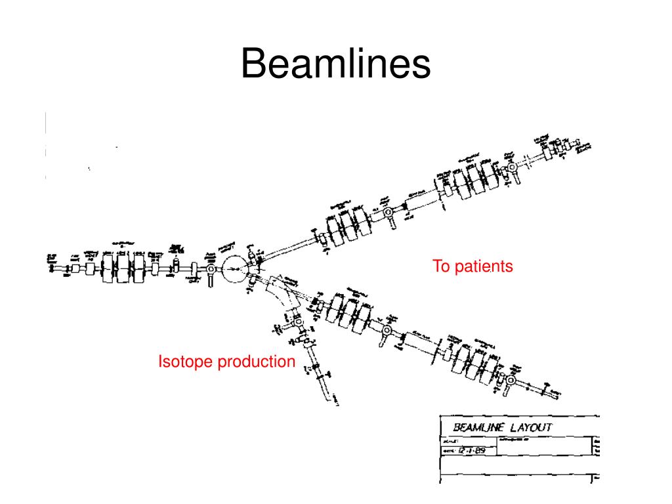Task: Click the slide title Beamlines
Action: tap(336, 65)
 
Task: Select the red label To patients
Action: tap(472, 266)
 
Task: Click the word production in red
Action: tap(257, 362)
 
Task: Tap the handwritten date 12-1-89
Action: tap(471, 450)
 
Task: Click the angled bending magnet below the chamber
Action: tap(283, 291)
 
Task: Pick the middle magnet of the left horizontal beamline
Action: tap(123, 268)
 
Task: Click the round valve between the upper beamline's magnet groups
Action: tap(388, 213)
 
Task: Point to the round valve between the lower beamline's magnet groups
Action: tap(387, 329)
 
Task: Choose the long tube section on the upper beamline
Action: tap(421, 199)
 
